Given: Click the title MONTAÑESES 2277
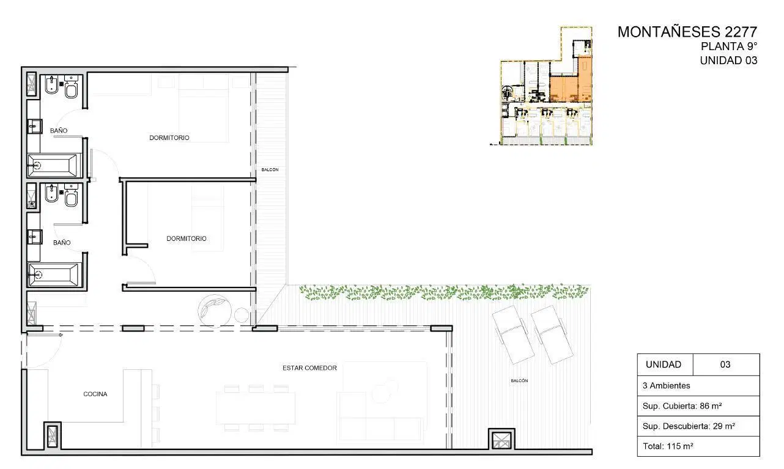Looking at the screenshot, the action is tap(687, 32).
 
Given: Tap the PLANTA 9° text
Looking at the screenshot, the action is tap(729, 46).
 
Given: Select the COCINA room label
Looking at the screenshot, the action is tap(95, 394).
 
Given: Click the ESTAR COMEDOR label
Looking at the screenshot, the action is tap(310, 368).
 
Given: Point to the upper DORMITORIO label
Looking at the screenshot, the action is tap(169, 138).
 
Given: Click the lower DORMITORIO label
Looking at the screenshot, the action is tap(187, 238).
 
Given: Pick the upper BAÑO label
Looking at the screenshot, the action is tap(59, 131).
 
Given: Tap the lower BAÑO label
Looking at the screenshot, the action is tap(62, 243).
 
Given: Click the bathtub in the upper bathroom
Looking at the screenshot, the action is tap(54, 165).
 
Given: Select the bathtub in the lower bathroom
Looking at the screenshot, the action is tap(54, 275).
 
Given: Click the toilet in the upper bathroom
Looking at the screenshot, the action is tap(72, 88).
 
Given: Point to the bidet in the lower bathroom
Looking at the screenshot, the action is tap(52, 193).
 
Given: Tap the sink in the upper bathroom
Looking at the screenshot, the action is tap(35, 127).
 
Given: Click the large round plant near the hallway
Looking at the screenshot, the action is tap(215, 311).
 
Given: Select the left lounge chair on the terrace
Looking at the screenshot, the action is tap(514, 334).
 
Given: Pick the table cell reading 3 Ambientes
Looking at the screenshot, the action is tap(698, 386).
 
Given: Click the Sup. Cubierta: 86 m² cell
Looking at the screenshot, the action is tap(698, 406).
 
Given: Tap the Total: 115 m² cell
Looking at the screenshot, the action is tap(698, 446).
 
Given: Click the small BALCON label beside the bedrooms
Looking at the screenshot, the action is tap(270, 170).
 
